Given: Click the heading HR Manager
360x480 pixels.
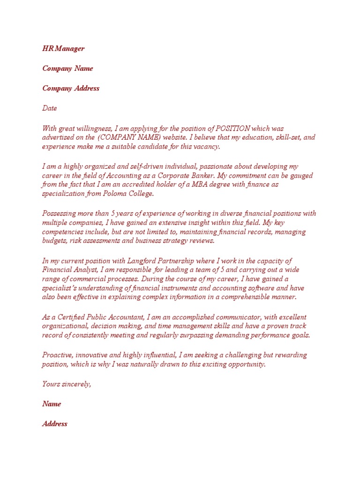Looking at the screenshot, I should point(63,48).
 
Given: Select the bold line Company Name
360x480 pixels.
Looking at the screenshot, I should point(67,68).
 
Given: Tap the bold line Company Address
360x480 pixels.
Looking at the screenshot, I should point(71,88).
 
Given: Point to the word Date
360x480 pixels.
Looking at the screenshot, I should point(50,108).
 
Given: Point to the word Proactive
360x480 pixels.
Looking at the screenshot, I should point(58,355).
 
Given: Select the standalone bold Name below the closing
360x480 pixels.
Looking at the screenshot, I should point(52,404).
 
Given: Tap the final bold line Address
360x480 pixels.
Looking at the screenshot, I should point(55,424).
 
